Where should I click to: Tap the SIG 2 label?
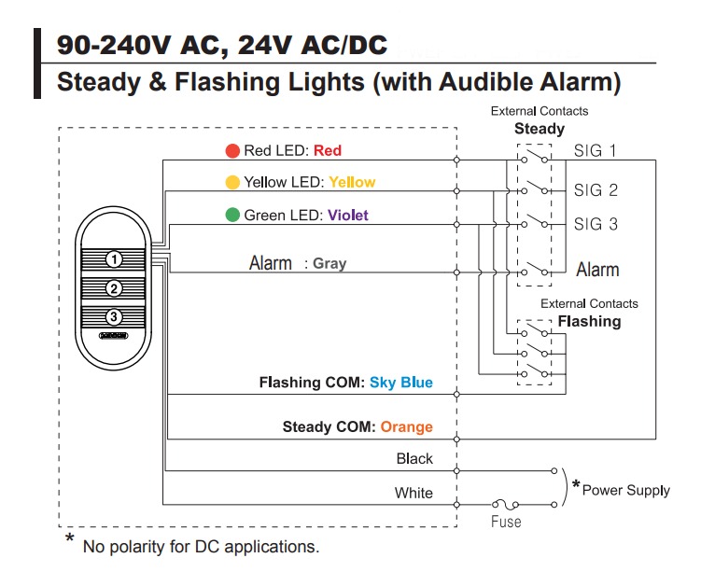(596, 190)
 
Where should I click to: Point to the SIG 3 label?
(596, 224)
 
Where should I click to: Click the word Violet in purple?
(347, 216)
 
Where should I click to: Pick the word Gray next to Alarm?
(329, 264)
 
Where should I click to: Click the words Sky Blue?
(401, 383)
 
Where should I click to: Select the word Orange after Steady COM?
(406, 426)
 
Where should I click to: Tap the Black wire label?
(414, 458)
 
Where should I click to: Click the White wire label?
(414, 493)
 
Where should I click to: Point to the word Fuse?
(506, 522)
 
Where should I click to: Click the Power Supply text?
(625, 490)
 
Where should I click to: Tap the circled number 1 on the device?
(112, 258)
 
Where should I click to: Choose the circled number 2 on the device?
(112, 287)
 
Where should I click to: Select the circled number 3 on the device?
(112, 317)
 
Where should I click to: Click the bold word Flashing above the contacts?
(589, 321)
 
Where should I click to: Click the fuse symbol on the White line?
(506, 502)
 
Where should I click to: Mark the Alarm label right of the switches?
(597, 270)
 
